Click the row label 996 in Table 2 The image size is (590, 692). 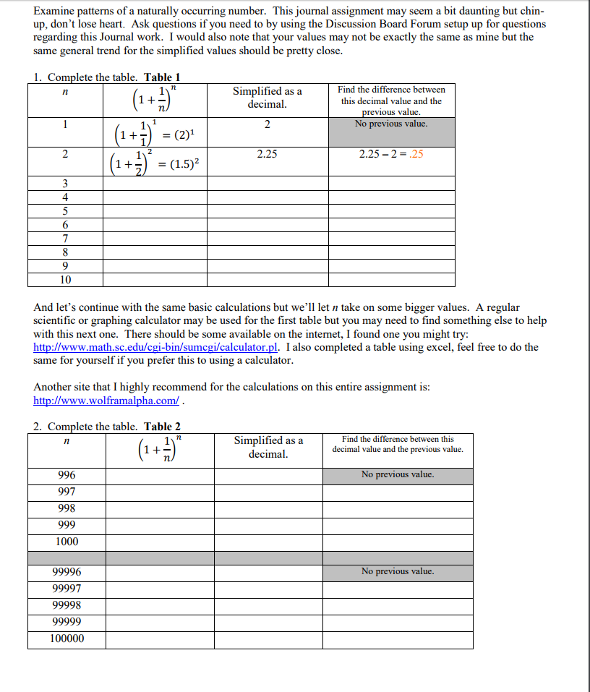67,475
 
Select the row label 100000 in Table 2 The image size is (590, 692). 67,638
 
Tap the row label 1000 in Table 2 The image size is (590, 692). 67,542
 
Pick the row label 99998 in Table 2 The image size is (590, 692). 67,605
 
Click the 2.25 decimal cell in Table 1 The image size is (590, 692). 267,154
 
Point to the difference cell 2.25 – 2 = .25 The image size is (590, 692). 391,154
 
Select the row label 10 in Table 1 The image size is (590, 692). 65,280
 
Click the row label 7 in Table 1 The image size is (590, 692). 65,239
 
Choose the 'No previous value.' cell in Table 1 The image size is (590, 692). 391,124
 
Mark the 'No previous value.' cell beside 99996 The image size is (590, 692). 398,571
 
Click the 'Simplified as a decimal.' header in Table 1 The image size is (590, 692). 267,98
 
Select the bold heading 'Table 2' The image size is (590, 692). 163,427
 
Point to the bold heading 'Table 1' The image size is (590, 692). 163,77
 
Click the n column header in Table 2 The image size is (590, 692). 67,440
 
